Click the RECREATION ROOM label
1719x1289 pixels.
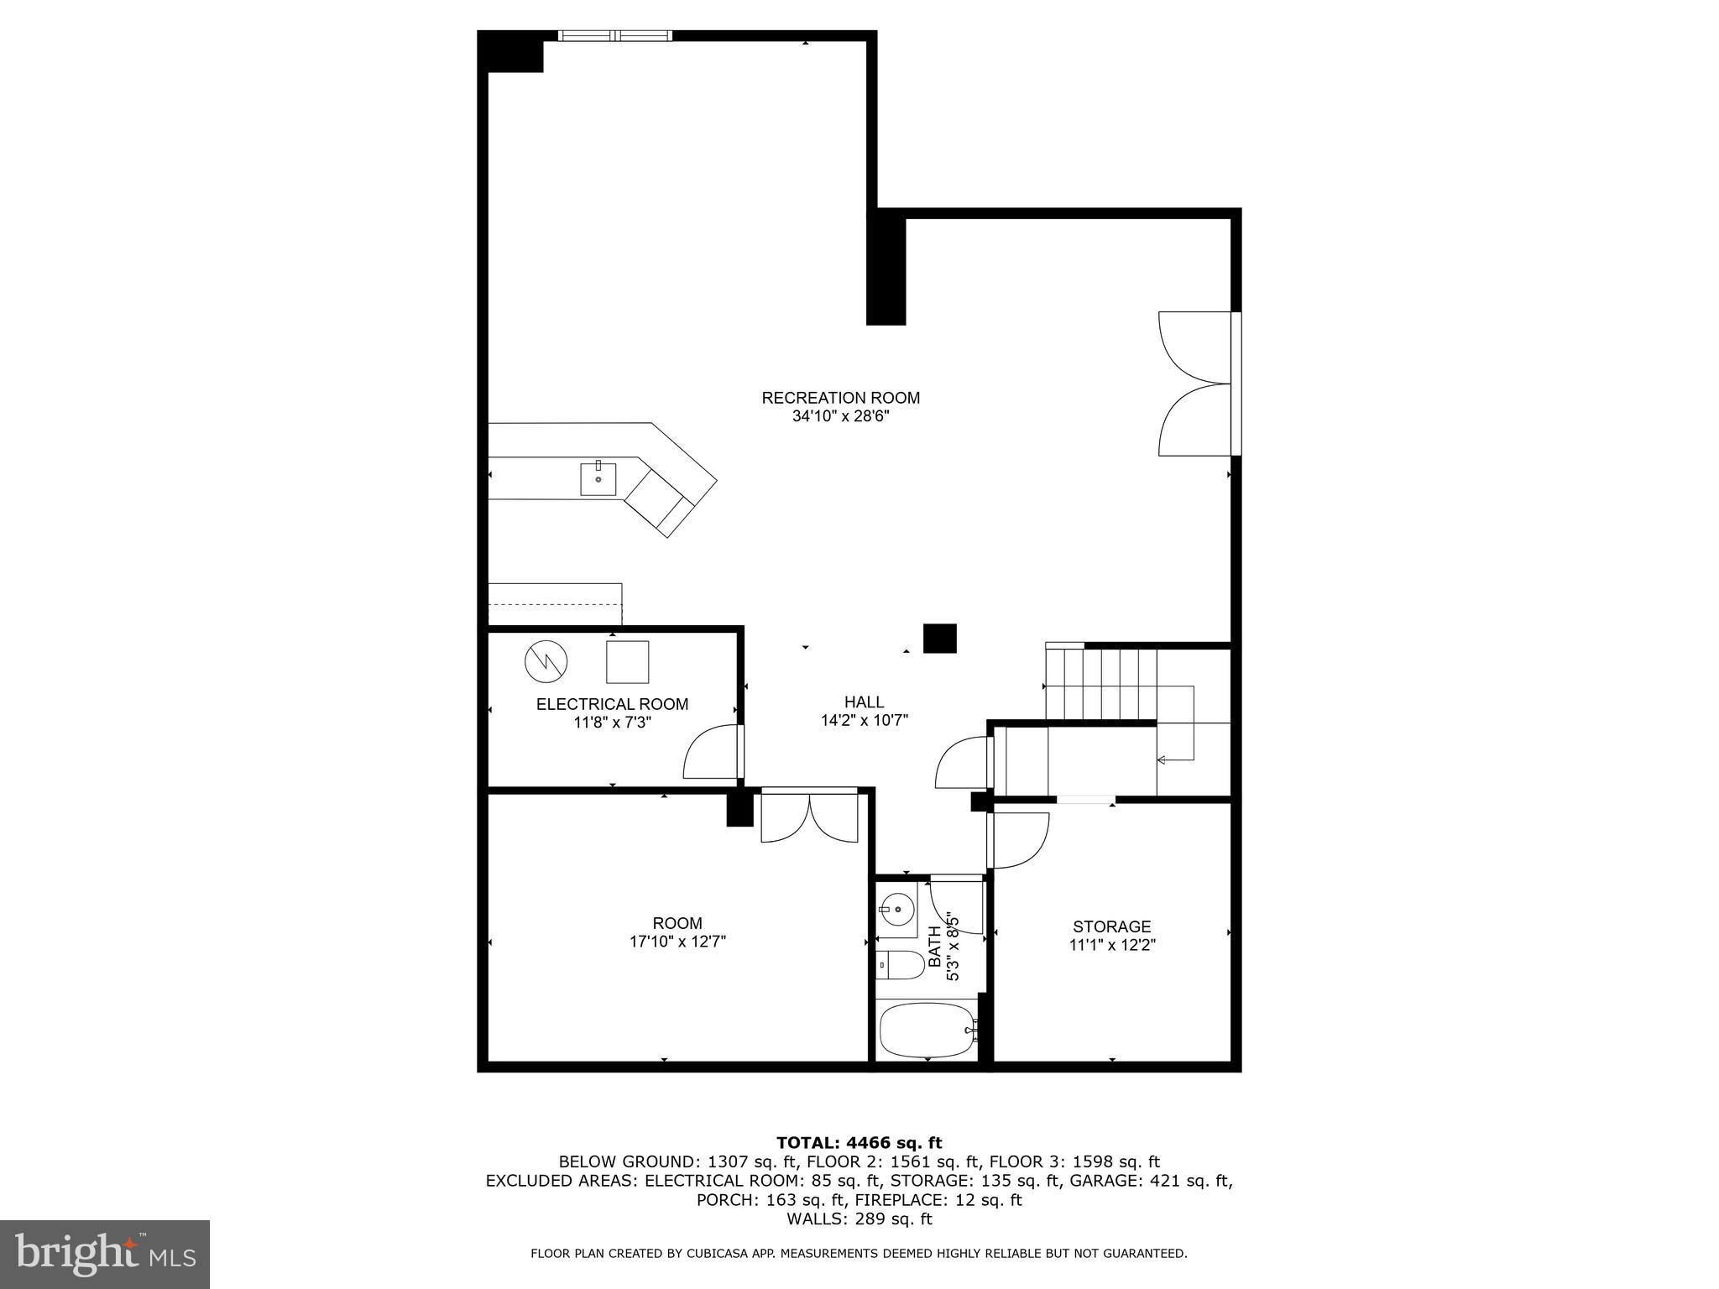click(x=840, y=398)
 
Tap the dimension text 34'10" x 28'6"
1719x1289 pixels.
click(x=840, y=417)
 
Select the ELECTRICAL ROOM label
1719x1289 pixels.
click(x=612, y=704)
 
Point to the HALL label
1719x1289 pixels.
click(x=864, y=702)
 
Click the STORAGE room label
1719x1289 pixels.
click(x=1111, y=926)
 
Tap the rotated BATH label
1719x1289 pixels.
click(x=934, y=947)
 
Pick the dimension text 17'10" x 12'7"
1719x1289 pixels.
click(x=677, y=942)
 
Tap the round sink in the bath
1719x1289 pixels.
click(x=896, y=907)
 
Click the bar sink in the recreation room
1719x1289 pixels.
click(x=598, y=479)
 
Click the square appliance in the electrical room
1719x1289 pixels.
click(x=628, y=662)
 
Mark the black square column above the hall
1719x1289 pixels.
click(x=939, y=638)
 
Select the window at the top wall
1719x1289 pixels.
click(x=615, y=35)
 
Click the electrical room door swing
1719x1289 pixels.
click(x=709, y=754)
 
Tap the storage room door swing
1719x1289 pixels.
click(x=1019, y=841)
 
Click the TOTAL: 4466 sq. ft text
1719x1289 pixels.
click(x=859, y=1142)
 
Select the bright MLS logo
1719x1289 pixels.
click(x=105, y=1255)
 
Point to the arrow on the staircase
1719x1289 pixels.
click(x=1163, y=760)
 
